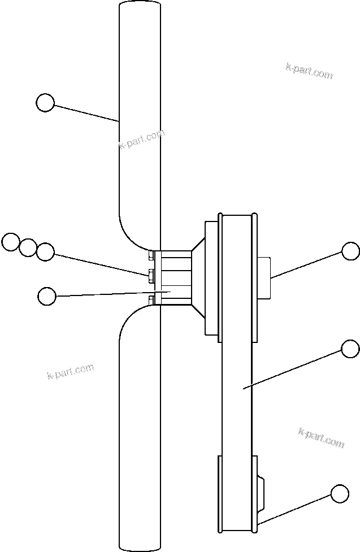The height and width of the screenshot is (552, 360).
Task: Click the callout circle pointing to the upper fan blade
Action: point(45,103)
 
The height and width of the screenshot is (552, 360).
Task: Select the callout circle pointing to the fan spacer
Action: point(47,295)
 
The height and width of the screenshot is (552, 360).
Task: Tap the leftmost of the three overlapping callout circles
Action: point(10,242)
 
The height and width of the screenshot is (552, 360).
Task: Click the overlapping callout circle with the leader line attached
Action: point(45,251)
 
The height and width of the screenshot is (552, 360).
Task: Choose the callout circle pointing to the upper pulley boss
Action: point(351,251)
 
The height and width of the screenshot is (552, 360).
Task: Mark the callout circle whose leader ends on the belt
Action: point(351,349)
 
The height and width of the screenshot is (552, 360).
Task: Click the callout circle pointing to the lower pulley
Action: point(340,493)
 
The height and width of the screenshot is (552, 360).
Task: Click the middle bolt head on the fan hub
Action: point(151,276)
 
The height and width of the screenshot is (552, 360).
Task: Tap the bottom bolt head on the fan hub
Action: point(151,299)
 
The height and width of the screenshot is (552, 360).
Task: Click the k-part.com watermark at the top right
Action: point(309,71)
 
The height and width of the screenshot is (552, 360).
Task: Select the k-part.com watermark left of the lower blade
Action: point(70,372)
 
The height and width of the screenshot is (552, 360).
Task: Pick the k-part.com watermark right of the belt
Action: point(320,438)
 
